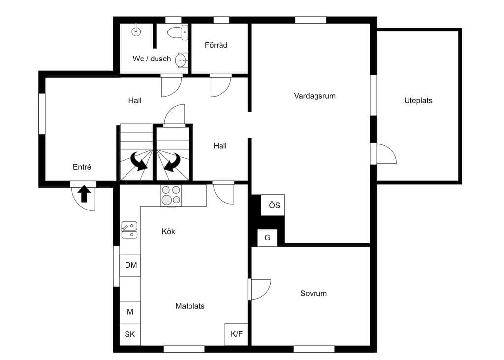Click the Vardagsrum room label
315,96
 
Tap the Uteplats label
418,100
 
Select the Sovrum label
314,293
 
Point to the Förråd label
216,45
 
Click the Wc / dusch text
152,59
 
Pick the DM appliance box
130,265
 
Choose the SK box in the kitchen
130,334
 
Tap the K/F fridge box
236,334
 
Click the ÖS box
273,205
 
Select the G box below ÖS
267,238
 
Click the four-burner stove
171,195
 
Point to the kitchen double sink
129,230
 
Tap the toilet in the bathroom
178,32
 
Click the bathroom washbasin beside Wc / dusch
182,60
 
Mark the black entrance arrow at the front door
84,194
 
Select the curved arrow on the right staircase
172,162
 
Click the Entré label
82,167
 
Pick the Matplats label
189,306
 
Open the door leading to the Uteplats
384,154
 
